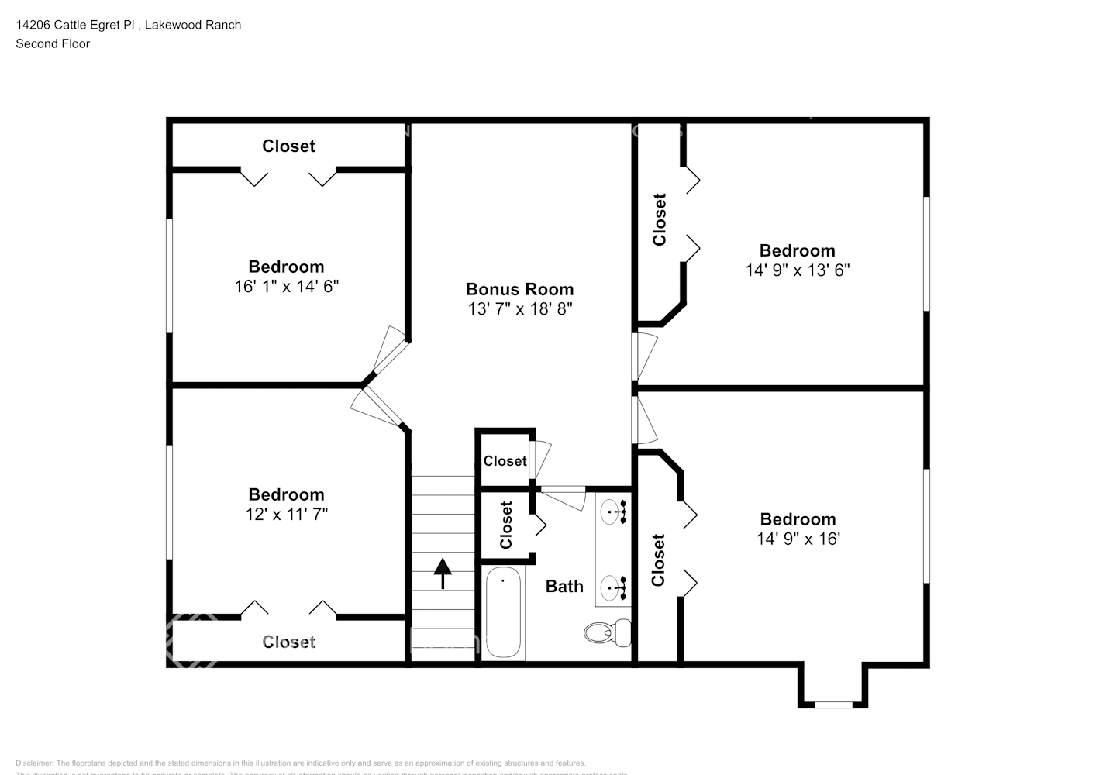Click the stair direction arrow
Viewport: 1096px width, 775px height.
(x=443, y=573)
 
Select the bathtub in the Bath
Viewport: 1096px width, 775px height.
(x=502, y=612)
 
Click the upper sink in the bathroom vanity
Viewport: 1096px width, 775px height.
(x=615, y=511)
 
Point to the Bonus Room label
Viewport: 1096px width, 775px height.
(x=519, y=289)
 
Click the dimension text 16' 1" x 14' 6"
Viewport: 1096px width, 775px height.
(x=286, y=287)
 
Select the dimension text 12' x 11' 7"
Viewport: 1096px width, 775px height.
(x=286, y=514)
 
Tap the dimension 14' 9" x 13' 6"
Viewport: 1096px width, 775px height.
(x=797, y=270)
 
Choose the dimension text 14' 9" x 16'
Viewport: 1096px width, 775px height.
(x=798, y=539)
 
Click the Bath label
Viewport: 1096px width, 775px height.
(x=564, y=587)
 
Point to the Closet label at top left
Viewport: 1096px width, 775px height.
(x=288, y=146)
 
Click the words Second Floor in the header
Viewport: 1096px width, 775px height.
(x=53, y=43)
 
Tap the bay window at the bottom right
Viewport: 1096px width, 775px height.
(x=833, y=704)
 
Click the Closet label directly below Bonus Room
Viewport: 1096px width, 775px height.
(x=505, y=461)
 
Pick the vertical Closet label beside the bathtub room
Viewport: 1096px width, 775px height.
(x=506, y=525)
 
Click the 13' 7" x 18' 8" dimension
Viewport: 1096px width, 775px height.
(x=519, y=309)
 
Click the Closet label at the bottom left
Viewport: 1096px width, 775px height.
(x=288, y=642)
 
